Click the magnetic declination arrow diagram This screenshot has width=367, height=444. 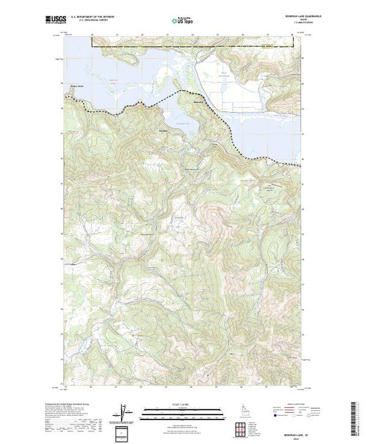tap(125, 410)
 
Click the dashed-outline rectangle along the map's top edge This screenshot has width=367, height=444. tap(197, 42)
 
